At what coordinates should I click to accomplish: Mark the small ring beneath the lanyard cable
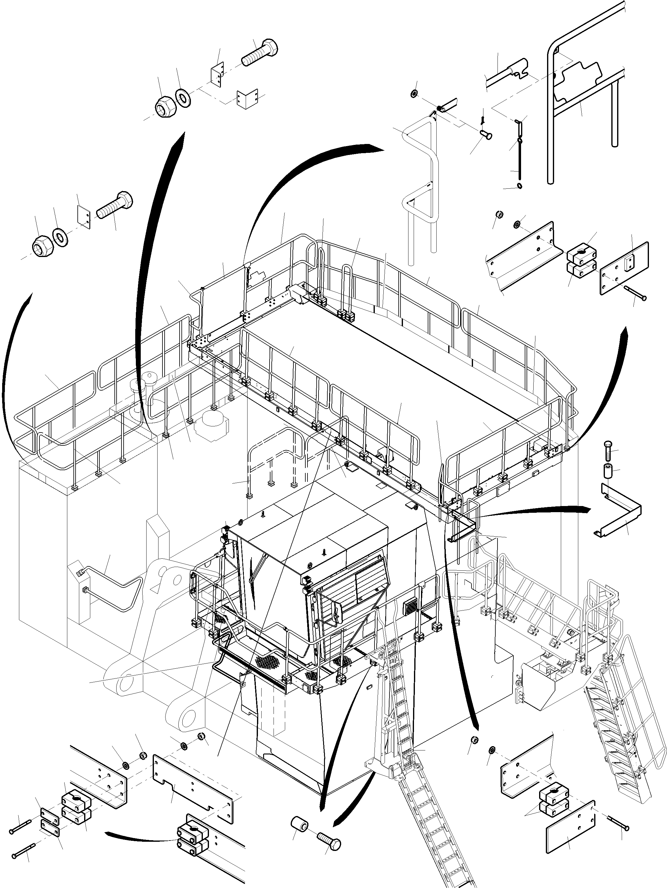520,185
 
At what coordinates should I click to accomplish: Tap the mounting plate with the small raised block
624,269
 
